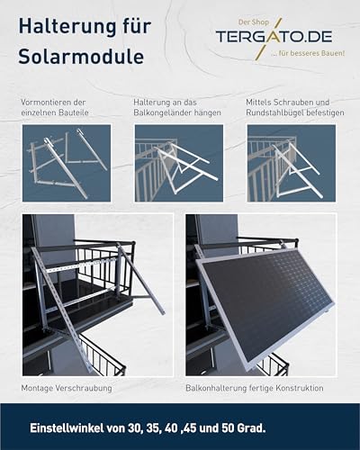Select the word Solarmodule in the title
coord(81,56)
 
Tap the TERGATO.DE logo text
coord(274,37)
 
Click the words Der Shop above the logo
coord(254,22)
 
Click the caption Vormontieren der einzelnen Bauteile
coord(55,107)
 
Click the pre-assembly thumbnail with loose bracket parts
coord(67,163)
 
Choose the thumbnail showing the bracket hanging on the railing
coord(179,163)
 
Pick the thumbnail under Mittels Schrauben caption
coord(292,163)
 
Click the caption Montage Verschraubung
coord(67,388)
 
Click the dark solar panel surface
coord(268,303)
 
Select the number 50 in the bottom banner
coord(228,428)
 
